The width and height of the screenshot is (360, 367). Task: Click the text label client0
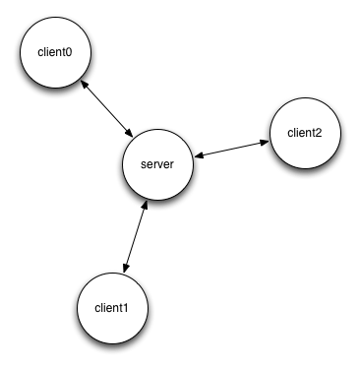click(54, 50)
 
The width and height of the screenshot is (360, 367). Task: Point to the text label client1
click(111, 308)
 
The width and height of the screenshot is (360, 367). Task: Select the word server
click(157, 164)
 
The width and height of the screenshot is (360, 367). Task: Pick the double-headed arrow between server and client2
click(230, 149)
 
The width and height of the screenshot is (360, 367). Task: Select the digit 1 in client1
click(126, 308)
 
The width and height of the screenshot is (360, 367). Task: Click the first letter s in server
click(144, 164)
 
